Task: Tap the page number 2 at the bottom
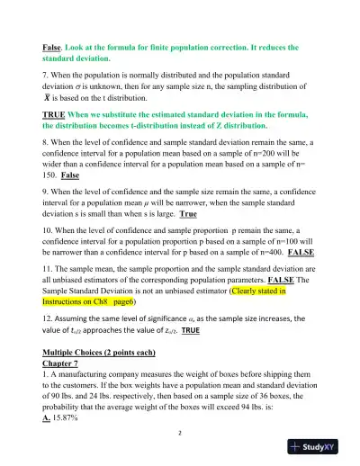click(x=179, y=432)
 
